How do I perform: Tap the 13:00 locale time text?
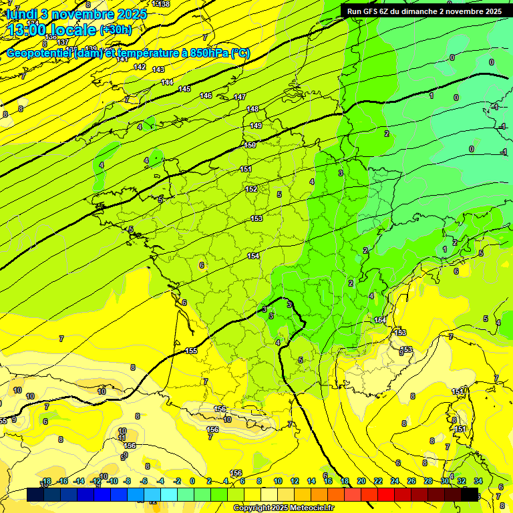pos(52,30)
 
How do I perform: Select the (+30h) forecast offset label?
pos(116,30)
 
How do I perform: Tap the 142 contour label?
pos(140,67)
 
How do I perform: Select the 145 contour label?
pos(184,89)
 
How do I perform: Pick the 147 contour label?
pos(240,97)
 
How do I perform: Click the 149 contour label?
pos(256,126)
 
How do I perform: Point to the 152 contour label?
pos(251,189)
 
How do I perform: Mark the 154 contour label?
pos(253,256)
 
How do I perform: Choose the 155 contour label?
pos(192,351)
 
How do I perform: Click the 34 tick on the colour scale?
pos(478,481)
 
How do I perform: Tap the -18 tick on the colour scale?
pos(46,481)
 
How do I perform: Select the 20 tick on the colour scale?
pos(361,481)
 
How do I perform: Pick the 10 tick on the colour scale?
pos(278,481)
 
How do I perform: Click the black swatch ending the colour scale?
pos(470,494)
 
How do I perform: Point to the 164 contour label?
pos(379,321)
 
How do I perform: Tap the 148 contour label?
pos(252,109)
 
